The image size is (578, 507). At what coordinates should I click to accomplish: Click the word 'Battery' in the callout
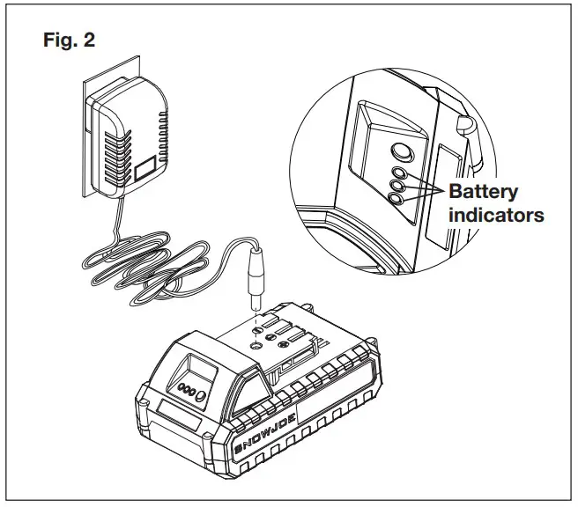pyautogui.click(x=484, y=192)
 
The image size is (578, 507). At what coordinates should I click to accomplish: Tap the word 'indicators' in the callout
pyautogui.click(x=496, y=214)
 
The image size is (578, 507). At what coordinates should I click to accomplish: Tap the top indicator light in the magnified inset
pyautogui.click(x=400, y=173)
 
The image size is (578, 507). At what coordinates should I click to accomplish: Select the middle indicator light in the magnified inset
pyautogui.click(x=399, y=187)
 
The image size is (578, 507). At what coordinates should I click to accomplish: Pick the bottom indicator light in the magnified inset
pyautogui.click(x=398, y=200)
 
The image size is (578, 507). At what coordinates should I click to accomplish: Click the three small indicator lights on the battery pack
pyautogui.click(x=187, y=389)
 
